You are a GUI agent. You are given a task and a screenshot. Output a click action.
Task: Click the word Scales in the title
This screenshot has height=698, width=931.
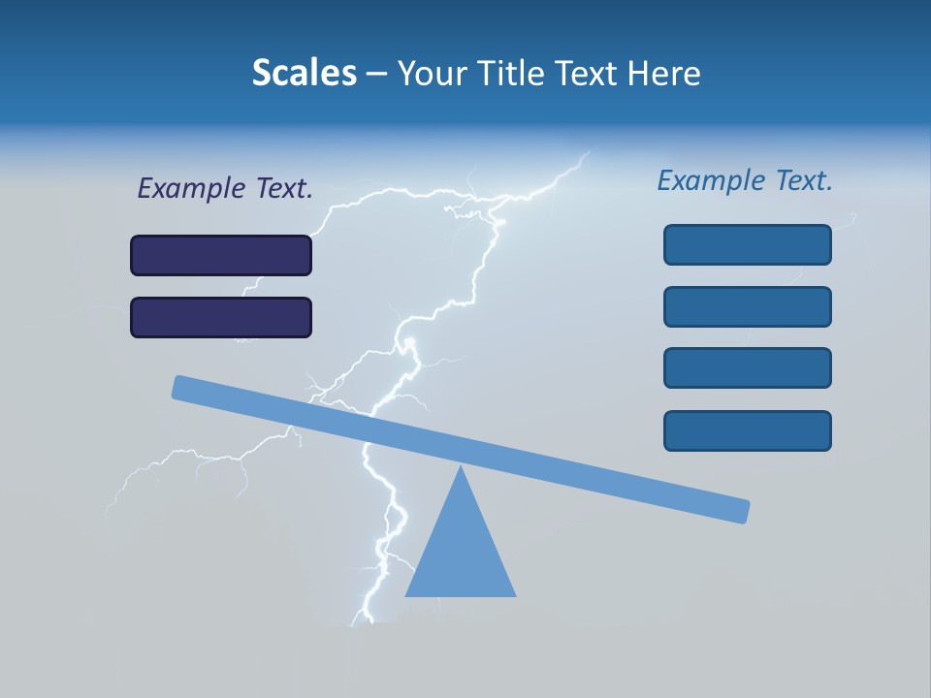[305, 73]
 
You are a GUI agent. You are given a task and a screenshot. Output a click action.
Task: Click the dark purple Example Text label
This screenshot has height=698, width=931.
[225, 189]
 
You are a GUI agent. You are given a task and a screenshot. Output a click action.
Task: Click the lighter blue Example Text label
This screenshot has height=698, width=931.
[745, 180]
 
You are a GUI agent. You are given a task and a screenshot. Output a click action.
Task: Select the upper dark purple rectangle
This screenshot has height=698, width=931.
[221, 256]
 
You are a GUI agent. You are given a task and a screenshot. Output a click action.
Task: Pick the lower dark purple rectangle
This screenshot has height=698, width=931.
[221, 317]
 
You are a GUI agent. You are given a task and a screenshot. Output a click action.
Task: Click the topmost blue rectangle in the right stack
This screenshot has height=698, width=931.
[747, 244]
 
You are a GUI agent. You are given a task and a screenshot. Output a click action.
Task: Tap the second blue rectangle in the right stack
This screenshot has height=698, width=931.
[747, 306]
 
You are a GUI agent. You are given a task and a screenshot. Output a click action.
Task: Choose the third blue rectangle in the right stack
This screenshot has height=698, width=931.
[747, 367]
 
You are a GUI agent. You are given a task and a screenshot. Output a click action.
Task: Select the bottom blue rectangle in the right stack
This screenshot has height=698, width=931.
[747, 430]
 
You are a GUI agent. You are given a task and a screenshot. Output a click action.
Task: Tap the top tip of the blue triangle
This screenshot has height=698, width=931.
[461, 467]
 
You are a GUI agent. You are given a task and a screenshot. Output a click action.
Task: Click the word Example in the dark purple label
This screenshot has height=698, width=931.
[191, 189]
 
